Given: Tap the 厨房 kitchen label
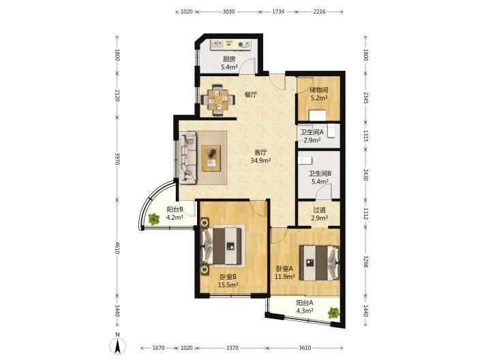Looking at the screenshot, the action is coord(229,59).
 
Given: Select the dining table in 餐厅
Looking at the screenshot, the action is coord(218,99).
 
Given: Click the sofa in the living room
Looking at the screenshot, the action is coord(188,158).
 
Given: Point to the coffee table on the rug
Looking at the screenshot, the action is coord(211,158).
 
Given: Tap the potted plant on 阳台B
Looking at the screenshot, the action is coord(153,219).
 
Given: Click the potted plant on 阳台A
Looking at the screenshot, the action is coord(333,313).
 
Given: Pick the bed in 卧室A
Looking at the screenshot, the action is coord(320,263).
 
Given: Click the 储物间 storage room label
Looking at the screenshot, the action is coord(318,90).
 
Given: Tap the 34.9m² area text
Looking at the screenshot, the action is coord(261,160).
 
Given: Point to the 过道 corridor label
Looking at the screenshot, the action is coord(319,210).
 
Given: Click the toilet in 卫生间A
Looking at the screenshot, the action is coord(331,131).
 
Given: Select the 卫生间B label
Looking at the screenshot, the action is coord(320,174).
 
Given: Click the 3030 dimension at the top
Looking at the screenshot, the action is coord(228,12).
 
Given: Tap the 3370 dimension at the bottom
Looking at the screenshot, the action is coord(232,348).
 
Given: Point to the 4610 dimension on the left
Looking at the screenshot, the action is coord(117,248).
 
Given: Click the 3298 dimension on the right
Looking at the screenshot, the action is coord(365,261).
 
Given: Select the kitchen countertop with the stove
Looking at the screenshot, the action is coord(231,44).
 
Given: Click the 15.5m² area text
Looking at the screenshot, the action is coord(228,285).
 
